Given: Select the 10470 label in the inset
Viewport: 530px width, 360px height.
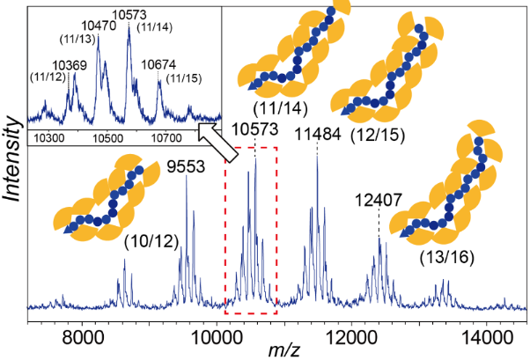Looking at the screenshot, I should [x=97, y=27].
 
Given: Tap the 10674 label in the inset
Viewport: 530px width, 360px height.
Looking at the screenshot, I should [x=159, y=65].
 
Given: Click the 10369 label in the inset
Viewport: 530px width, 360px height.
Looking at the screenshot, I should [x=69, y=64].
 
